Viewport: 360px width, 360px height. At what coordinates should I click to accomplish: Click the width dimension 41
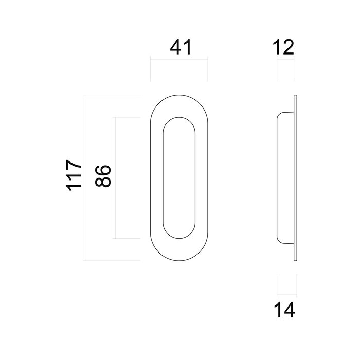pos(180,47)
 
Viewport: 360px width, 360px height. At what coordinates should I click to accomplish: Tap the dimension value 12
pos(284,47)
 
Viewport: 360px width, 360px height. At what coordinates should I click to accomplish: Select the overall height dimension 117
pos(75,176)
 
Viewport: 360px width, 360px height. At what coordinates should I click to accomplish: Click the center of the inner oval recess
pos(179,178)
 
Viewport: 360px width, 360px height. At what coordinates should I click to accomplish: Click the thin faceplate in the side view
pos(295,178)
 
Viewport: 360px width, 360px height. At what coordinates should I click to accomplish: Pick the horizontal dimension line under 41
pos(179,60)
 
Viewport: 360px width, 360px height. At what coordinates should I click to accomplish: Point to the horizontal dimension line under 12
pos(286,60)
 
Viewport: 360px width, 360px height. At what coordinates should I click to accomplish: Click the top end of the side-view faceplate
pos(295,97)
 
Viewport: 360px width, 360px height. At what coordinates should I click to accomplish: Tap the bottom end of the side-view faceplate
pos(295,260)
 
